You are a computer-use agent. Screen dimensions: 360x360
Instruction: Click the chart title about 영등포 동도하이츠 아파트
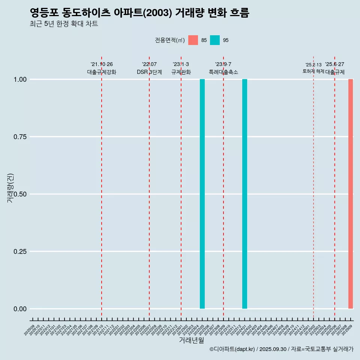[139, 13]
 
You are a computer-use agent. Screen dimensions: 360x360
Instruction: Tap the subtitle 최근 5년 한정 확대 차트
[64, 24]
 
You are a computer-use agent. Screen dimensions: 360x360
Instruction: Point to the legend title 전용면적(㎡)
[169, 40]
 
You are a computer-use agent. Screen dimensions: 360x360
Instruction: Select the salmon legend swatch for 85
[193, 40]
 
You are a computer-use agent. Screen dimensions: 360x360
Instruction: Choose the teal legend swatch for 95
[215, 40]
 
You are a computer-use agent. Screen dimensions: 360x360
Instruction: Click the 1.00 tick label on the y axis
[20, 79]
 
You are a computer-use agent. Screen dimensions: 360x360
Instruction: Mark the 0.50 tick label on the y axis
[20, 194]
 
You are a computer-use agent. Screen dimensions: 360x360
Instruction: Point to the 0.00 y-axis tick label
[20, 309]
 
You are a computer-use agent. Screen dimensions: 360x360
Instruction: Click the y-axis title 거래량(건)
[10, 187]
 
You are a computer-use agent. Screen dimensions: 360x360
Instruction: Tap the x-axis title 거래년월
[191, 340]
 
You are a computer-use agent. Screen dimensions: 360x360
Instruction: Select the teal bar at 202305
[202, 194]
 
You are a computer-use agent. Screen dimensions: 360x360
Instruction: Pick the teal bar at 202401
[244, 194]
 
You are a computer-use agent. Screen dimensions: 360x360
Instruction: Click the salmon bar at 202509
[351, 194]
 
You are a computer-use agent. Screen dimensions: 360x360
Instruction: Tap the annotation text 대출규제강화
[102, 72]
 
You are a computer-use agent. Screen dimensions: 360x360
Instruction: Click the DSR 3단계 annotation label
[149, 72]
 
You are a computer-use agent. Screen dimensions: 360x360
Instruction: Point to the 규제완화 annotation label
[181, 72]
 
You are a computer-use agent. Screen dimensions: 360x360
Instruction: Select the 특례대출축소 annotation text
[223, 72]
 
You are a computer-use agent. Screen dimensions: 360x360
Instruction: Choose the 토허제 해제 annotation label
[313, 71]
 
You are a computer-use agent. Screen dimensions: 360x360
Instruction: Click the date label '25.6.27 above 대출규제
[334, 64]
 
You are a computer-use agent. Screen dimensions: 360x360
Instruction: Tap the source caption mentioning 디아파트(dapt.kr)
[281, 349]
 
